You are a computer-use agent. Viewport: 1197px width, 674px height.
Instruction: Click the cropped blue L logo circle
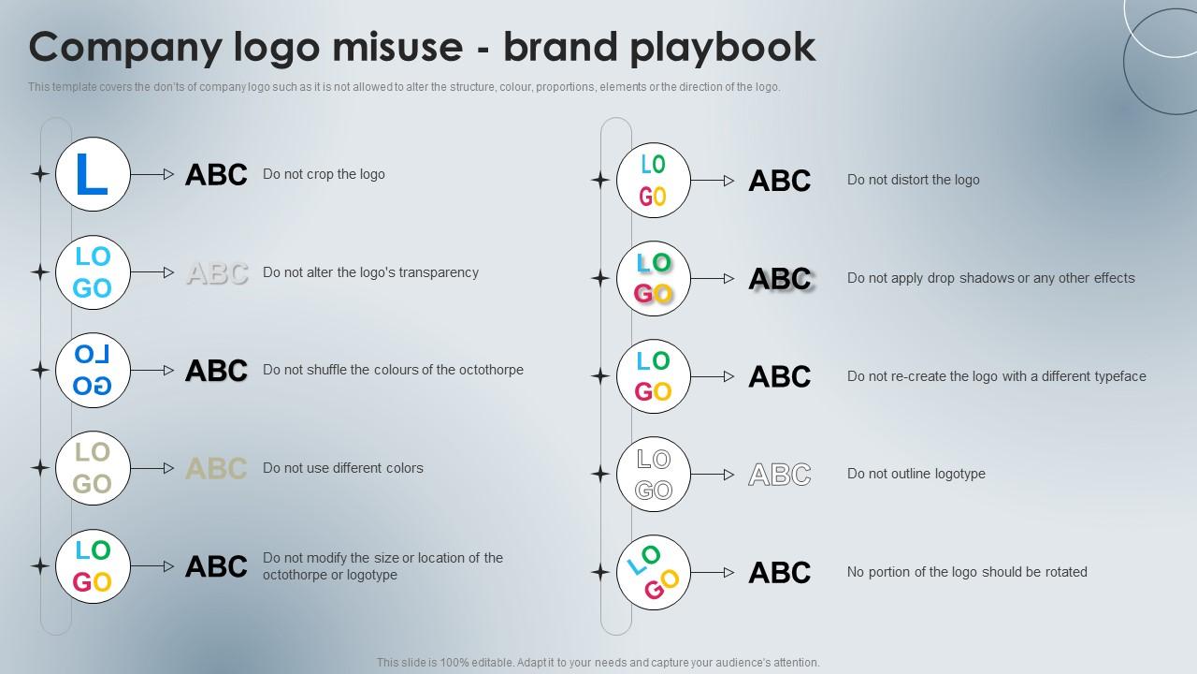click(x=93, y=174)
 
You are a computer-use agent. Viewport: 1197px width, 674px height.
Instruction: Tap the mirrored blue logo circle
click(x=93, y=371)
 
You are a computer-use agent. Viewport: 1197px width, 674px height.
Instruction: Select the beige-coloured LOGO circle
click(x=93, y=468)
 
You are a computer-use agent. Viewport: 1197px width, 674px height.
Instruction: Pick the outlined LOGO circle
click(x=654, y=475)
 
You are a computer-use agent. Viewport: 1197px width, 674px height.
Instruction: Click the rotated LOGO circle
click(x=654, y=573)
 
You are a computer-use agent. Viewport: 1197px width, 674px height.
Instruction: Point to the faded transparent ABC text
click(x=217, y=273)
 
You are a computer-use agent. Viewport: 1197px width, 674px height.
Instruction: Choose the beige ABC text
click(x=216, y=469)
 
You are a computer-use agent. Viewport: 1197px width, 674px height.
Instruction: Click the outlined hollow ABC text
click(x=780, y=476)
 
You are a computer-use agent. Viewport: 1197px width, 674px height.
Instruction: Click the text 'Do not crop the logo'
click(x=324, y=174)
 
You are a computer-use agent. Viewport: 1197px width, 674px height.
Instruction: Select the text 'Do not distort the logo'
click(x=913, y=180)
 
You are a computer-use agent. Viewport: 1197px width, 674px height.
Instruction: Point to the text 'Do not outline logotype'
click(x=916, y=474)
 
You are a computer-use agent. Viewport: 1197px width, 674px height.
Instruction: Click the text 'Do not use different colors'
click(x=342, y=468)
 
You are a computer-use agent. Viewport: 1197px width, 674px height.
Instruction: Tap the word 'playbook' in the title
click(x=722, y=47)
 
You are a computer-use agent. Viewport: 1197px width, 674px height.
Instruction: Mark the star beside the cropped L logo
click(x=40, y=174)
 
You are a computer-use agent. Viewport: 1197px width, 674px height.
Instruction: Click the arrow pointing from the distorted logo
click(x=713, y=181)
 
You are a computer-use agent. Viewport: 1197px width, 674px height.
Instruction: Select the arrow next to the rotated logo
click(x=713, y=573)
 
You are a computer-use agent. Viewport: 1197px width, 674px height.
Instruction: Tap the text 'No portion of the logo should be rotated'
click(x=966, y=572)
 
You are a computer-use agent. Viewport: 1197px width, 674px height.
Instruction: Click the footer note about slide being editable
click(x=598, y=662)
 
